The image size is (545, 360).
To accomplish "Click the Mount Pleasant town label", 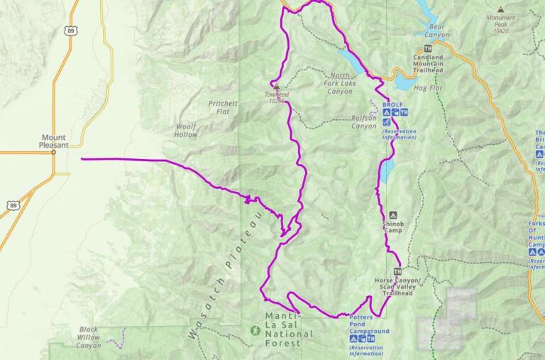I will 53,141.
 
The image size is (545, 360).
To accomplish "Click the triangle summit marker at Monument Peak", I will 501,10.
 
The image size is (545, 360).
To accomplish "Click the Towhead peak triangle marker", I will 277,87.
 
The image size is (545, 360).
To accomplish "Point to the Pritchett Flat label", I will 223,107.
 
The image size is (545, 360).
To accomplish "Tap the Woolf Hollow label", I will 186,130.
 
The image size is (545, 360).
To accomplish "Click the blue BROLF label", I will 392,104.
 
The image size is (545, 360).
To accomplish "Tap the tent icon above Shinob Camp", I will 393,214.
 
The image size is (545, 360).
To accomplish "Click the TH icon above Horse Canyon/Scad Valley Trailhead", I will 397,271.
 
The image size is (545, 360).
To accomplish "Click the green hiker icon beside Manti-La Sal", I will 254,330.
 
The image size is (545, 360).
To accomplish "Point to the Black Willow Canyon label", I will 89,337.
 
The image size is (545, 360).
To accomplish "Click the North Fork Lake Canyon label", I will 340,82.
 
